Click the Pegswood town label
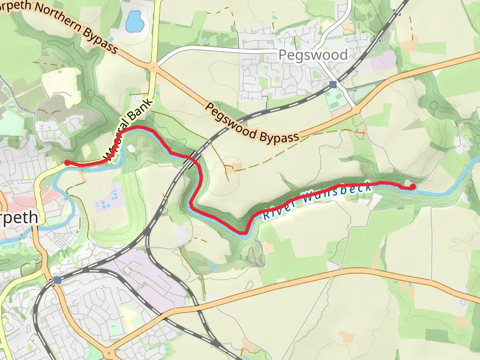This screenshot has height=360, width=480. tap(313, 55)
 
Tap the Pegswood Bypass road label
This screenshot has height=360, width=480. tap(252, 124)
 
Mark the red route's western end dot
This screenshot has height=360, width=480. tap(67, 163)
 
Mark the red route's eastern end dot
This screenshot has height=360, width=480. tap(413, 187)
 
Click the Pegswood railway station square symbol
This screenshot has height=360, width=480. tap(333, 85)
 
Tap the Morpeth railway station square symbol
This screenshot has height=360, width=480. tap(57, 280)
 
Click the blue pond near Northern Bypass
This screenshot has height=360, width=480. tap(134, 21)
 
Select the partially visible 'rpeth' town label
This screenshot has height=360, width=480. tap(19, 217)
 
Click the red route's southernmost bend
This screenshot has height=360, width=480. tap(244, 232)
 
